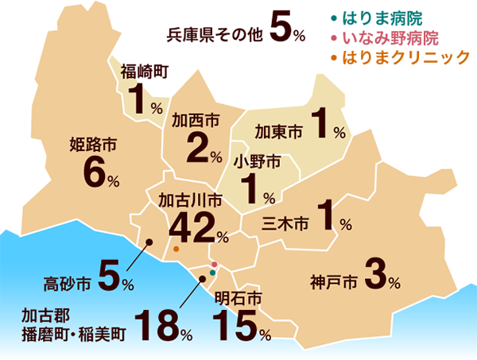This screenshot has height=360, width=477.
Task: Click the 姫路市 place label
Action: [x=94, y=145]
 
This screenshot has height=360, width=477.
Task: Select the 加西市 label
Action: [x=196, y=121]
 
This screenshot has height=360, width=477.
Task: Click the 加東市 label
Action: [x=278, y=130]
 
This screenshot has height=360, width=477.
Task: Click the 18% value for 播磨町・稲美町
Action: [x=163, y=327]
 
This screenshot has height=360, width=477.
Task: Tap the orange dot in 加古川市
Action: [x=176, y=249]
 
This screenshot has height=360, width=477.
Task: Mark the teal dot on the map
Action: [x=212, y=273]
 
